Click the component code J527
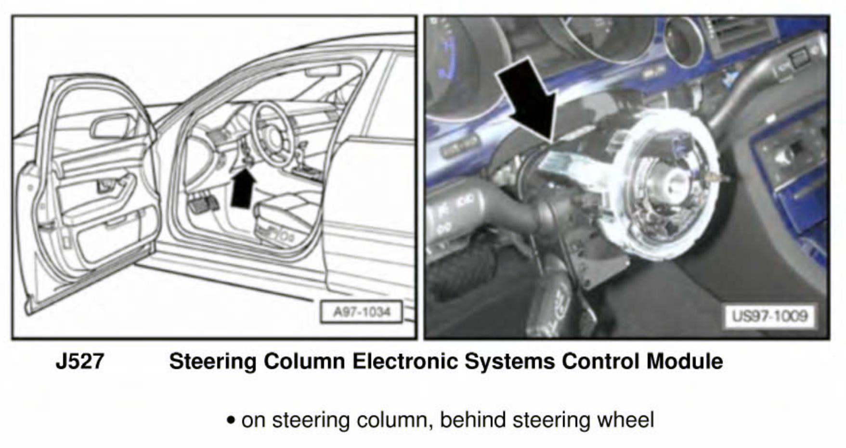coord(80,361)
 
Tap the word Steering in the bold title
coord(212,361)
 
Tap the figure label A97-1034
coord(362,312)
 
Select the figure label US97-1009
coord(769,316)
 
